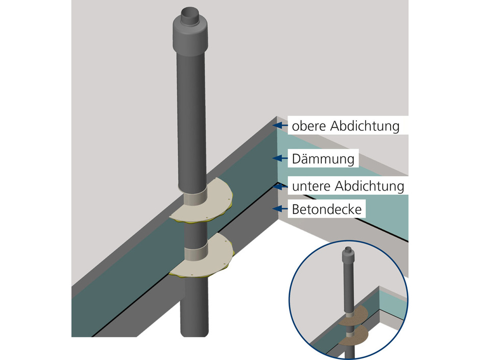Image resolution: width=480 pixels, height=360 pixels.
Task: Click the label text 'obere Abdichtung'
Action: coord(345,125)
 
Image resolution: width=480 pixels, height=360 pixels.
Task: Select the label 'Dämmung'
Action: coord(323,159)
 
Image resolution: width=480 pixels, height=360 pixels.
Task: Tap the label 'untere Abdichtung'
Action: coord(348,185)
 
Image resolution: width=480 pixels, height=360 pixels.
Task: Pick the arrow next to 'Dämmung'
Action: coord(279,158)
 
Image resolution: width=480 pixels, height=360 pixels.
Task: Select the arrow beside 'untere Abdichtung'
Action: coord(279,185)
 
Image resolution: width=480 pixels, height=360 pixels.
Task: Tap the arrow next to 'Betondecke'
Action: coord(279,208)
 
